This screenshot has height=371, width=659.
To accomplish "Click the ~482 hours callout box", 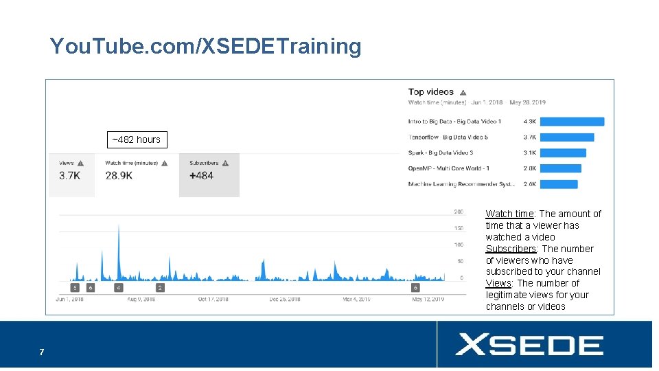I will (x=137, y=139).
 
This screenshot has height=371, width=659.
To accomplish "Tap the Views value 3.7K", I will (x=69, y=176).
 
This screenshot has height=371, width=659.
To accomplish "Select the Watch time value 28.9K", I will (x=119, y=176).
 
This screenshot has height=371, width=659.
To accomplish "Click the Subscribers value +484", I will (x=201, y=176).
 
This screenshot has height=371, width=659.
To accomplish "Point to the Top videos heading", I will (x=431, y=92).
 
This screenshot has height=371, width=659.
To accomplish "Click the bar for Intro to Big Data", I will (x=573, y=122).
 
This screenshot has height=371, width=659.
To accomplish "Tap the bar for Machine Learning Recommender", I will (x=559, y=184).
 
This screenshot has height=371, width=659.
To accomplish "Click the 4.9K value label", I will (x=529, y=122).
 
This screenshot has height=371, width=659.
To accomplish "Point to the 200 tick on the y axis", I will (x=458, y=212).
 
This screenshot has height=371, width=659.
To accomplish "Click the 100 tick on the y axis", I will (x=458, y=245).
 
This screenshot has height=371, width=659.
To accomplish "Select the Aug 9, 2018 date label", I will (x=141, y=300).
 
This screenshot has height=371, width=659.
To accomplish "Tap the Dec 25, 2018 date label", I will (x=284, y=300).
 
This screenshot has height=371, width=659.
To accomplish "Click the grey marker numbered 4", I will (x=119, y=288).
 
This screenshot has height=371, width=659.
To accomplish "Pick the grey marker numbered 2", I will (x=160, y=288).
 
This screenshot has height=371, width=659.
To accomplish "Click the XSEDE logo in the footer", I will (x=529, y=344).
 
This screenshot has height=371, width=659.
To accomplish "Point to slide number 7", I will (x=41, y=352).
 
